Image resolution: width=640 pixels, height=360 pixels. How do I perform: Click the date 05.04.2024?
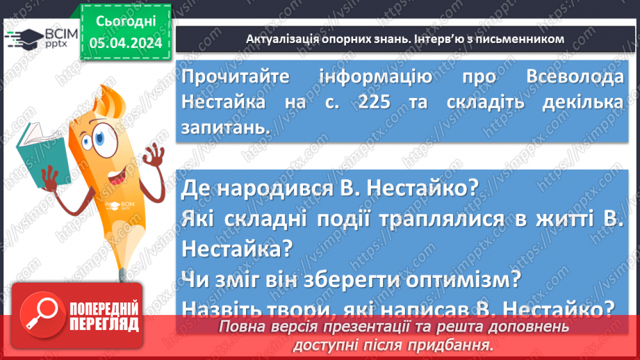pyautogui.click(x=126, y=43)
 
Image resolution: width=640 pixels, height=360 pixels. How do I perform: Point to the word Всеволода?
pyautogui.click(x=571, y=77)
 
